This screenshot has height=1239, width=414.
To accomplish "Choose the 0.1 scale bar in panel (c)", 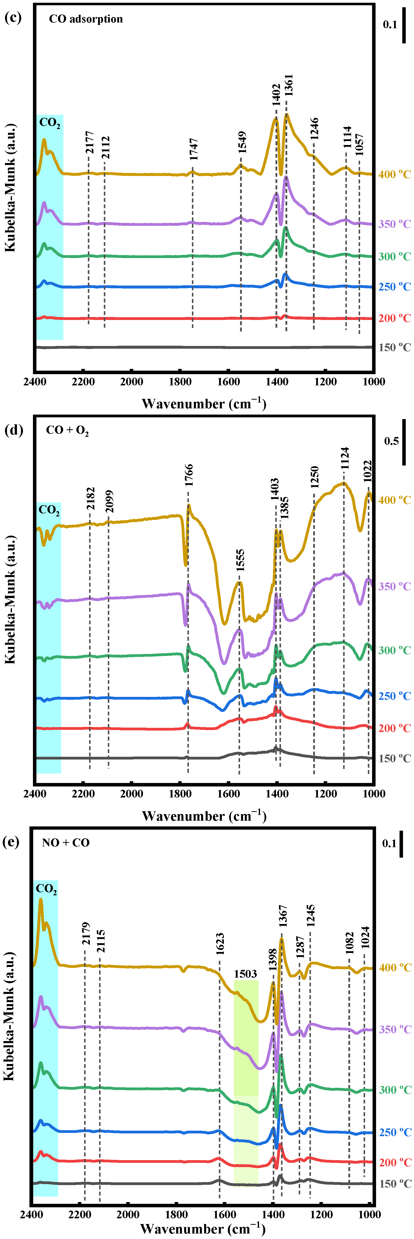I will pos(404,25).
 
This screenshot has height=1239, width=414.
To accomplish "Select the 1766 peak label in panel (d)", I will pos(189,475).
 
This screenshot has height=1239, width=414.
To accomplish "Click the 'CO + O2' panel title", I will pos(67,430).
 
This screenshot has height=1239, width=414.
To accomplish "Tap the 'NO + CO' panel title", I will pos(66,843).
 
